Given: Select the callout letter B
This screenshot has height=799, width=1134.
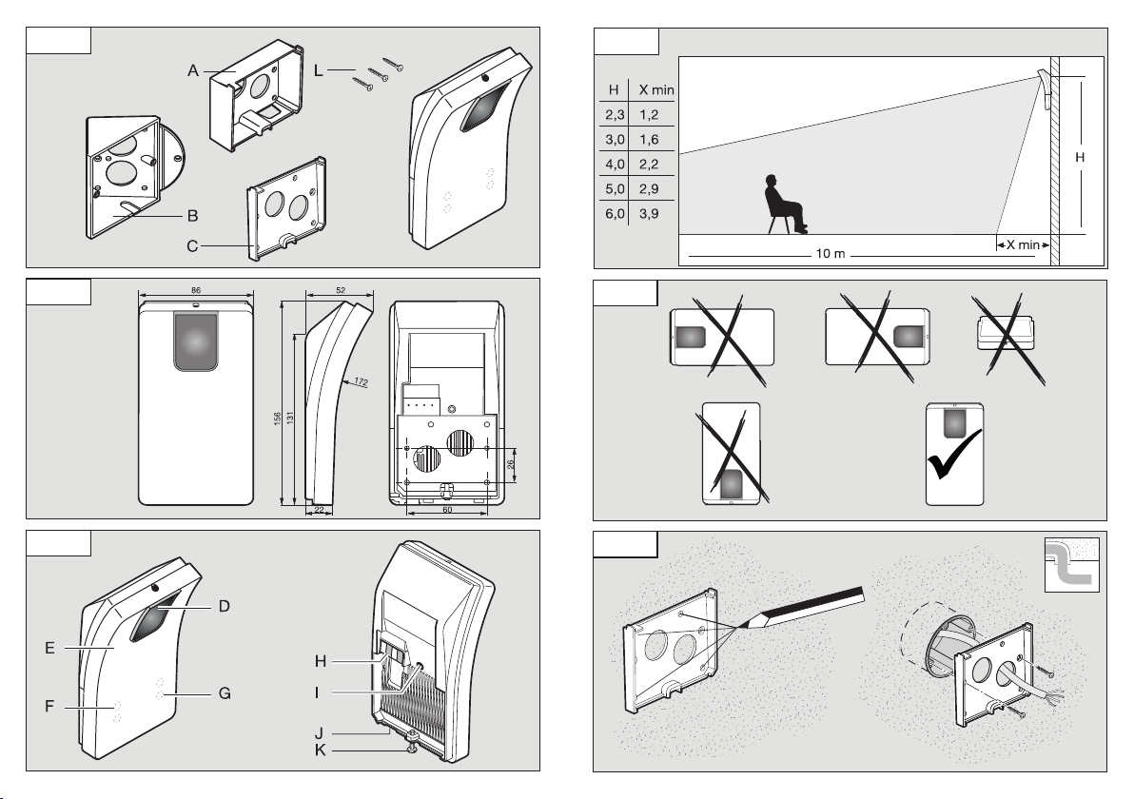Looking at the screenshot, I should tap(191, 215).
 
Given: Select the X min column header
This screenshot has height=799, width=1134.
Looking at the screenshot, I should tap(655, 88).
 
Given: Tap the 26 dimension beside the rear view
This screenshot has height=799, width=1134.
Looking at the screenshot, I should tap(510, 464).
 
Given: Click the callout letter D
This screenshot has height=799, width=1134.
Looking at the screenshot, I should tap(224, 606).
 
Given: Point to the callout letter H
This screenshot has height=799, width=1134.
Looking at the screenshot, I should tap(322, 659).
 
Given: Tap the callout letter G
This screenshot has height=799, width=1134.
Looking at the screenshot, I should tap(225, 693).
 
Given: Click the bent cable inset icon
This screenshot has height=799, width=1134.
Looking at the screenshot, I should tap(1072, 564).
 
